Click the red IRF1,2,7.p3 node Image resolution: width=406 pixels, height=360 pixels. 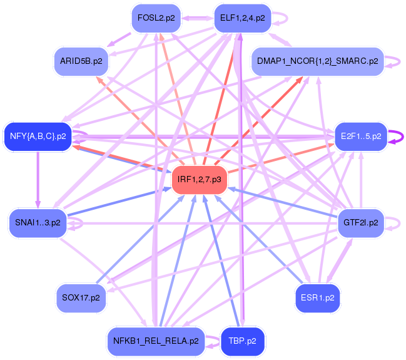pos(199,179)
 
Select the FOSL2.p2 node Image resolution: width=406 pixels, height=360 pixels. pos(156,18)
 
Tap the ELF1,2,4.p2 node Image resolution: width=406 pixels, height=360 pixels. pos(242,18)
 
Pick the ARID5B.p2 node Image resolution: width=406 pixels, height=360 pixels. pos(81,61)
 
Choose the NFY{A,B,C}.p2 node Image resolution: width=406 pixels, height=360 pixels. pos(38,136)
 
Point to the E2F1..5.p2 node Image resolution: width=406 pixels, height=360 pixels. pos(361,136)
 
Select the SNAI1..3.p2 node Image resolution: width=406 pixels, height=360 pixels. pos(38,222)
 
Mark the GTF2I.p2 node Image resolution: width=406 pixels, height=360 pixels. pos(361,222)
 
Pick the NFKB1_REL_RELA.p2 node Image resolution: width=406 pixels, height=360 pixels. pos(156,341)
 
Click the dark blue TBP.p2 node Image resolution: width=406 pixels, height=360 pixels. pos(242,341)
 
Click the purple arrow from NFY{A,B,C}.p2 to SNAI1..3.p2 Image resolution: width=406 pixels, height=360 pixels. pos(38,178)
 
